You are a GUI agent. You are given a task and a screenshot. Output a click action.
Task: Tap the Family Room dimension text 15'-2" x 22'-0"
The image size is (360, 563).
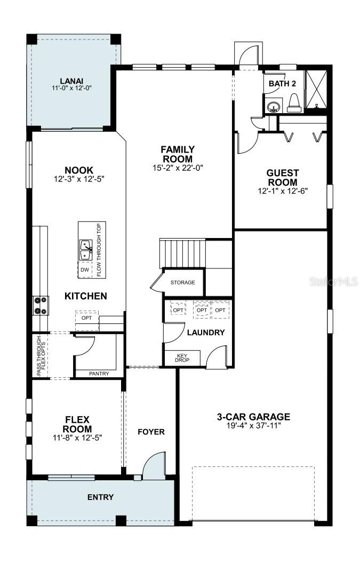pyautogui.click(x=178, y=168)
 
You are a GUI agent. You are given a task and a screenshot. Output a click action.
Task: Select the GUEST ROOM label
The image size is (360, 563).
pyautogui.click(x=283, y=178)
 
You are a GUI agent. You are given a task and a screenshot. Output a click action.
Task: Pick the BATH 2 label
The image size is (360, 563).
pyautogui.click(x=282, y=84)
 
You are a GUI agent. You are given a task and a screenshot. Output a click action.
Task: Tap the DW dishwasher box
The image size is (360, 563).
pyautogui.click(x=85, y=269)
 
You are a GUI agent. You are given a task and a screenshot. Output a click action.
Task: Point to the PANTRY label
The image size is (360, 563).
pyautogui.click(x=99, y=374)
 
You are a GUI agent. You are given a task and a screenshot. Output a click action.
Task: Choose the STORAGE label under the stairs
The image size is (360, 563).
pyautogui.click(x=182, y=282)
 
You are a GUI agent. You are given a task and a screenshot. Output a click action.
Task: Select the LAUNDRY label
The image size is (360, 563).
pyautogui.click(x=205, y=332)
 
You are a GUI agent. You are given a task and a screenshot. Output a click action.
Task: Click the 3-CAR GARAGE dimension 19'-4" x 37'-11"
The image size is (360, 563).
pyautogui.click(x=253, y=425)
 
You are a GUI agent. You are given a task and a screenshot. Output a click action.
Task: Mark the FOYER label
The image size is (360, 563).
pyautogui.click(x=151, y=432)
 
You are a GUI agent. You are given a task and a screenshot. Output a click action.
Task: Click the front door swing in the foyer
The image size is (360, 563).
pyautogui.click(x=154, y=464)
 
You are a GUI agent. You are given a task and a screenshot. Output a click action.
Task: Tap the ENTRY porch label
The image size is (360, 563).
pyautogui.click(x=100, y=497)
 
